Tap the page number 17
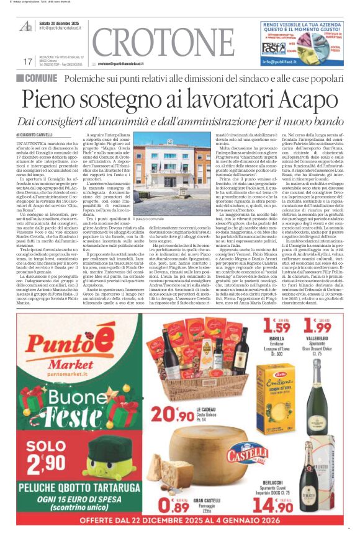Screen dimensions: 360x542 (27, 61)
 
